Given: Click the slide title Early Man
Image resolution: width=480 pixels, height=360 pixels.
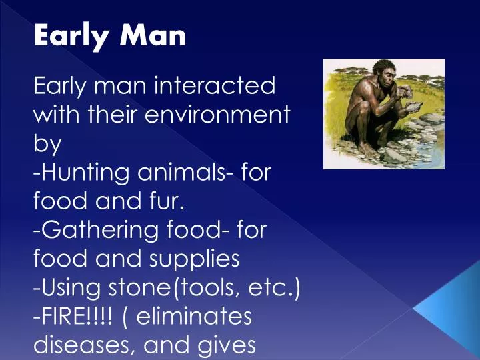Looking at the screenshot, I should pos(110,35).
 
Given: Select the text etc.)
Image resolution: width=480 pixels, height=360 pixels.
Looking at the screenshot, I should pos(277,287).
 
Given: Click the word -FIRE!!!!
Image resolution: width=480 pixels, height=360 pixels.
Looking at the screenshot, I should pos(74,316).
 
